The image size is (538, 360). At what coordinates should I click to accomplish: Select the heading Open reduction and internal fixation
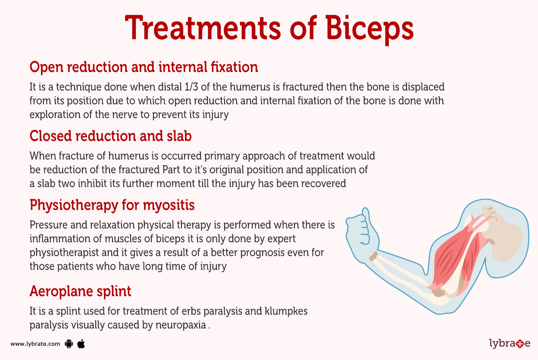[x=144, y=67]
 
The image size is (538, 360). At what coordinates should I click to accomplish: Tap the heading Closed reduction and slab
[x=110, y=136]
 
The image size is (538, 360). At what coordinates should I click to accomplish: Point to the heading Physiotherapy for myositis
[x=112, y=205]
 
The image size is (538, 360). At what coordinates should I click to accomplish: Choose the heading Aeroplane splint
[x=80, y=291]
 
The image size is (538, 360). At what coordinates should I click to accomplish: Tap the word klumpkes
[x=285, y=311]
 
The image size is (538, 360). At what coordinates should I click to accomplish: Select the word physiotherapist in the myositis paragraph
[x=63, y=252]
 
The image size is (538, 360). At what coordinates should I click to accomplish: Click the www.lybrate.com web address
[x=35, y=344]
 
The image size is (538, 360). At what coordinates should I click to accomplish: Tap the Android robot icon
[x=69, y=344]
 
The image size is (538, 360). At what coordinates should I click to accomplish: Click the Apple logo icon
[x=81, y=344]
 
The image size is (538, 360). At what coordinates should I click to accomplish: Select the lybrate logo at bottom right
[x=510, y=344]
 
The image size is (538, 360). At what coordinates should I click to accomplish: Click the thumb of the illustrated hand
[x=366, y=214]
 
